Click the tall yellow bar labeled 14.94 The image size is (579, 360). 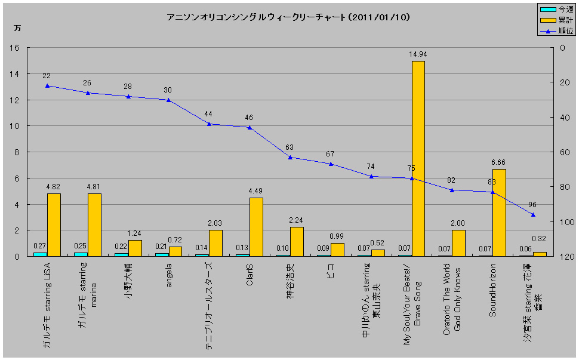click(x=418, y=158)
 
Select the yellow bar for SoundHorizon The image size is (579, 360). click(x=500, y=213)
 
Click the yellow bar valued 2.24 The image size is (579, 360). click(x=297, y=241)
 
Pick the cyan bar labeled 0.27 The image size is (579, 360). click(x=40, y=254)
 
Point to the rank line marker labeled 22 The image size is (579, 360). click(x=47, y=85)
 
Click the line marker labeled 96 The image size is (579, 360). click(x=533, y=215)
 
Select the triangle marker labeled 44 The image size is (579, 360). click(x=209, y=124)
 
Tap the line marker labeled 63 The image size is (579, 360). click(x=290, y=157)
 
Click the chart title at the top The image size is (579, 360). click(x=289, y=17)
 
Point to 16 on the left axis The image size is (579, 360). click(x=15, y=48)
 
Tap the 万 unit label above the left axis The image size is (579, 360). click(x=17, y=29)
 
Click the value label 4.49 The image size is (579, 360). click(x=256, y=191)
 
